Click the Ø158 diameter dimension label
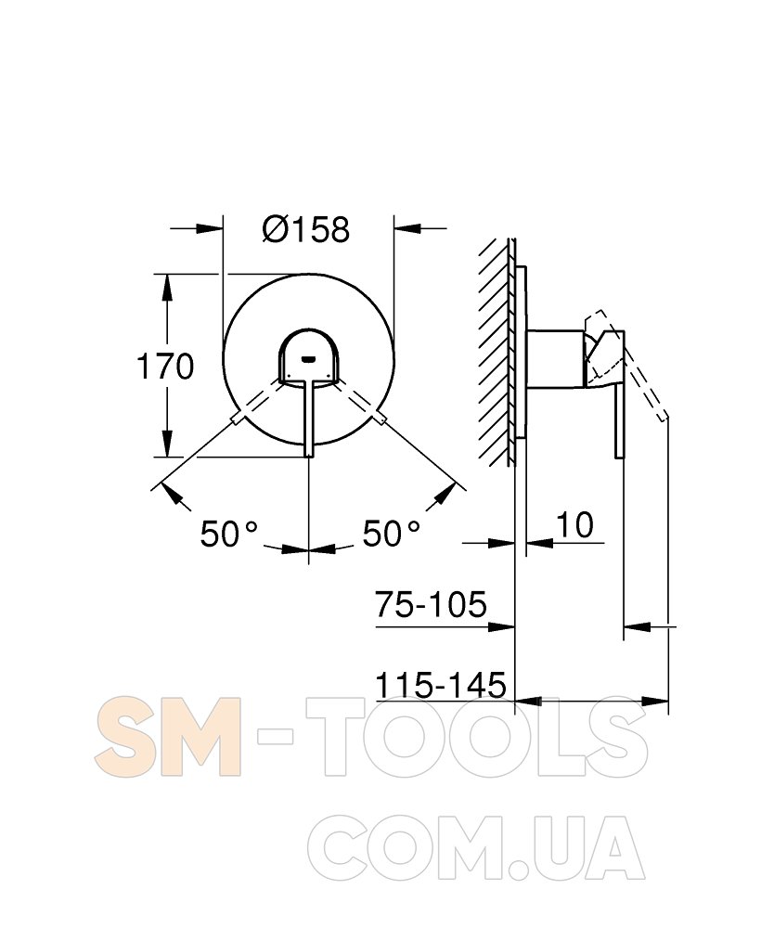(x=306, y=229)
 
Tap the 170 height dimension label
(x=165, y=367)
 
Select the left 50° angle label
(x=229, y=534)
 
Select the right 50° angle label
(x=391, y=534)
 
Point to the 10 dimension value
(x=574, y=525)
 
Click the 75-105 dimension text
(x=431, y=604)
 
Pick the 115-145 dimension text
(x=442, y=685)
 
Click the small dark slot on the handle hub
(x=308, y=358)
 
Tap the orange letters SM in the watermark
(x=168, y=737)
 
